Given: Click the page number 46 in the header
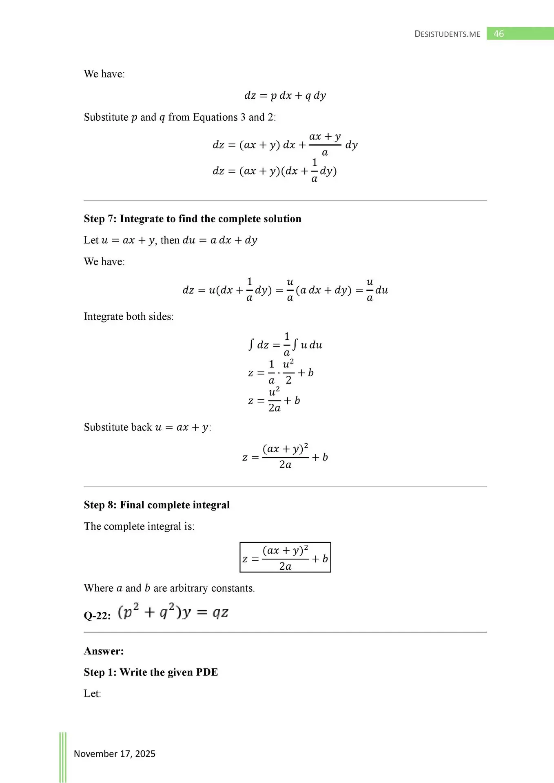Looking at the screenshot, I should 499,34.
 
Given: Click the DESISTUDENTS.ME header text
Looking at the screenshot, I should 447,34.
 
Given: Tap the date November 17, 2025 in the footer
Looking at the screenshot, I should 115,754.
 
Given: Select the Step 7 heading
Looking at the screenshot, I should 193,219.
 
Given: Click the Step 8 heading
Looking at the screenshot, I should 157,505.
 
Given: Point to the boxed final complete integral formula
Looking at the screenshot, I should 285,557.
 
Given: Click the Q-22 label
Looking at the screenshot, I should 97,615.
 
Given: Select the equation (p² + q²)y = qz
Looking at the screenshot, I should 173,613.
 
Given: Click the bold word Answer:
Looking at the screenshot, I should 104,651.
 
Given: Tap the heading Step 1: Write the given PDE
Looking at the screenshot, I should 151,672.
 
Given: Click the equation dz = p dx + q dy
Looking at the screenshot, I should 285,95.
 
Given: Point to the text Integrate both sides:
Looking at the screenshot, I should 129,316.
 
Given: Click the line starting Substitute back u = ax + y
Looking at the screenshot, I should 147,427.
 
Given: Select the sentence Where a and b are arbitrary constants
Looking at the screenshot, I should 169,588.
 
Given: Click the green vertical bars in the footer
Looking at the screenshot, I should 63,756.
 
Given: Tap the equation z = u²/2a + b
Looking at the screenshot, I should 274,400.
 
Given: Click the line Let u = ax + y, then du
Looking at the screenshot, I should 171,240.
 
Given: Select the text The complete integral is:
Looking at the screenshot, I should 139,526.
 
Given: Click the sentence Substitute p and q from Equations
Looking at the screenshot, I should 180,117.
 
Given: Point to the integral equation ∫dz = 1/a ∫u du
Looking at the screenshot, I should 285,345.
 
